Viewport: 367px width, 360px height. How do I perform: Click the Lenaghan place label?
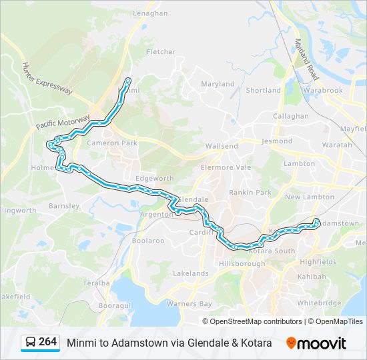click(150, 13)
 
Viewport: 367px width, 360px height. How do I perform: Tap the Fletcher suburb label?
click(161, 51)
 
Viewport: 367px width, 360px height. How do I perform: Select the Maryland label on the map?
click(218, 84)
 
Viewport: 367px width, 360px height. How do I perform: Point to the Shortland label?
click(263, 90)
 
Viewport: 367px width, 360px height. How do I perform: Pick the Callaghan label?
click(290, 115)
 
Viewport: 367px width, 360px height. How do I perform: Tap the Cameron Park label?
click(111, 143)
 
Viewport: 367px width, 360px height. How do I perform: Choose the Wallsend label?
click(222, 146)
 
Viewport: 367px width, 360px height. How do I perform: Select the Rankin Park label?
click(250, 192)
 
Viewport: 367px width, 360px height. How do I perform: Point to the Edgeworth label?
click(154, 179)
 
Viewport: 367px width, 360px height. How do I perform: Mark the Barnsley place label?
click(64, 206)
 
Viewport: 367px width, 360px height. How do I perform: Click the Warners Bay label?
click(190, 304)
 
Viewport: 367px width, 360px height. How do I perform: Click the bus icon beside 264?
click(31, 343)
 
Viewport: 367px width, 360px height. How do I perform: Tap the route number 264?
click(48, 342)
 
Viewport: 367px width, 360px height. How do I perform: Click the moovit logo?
click(316, 343)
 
